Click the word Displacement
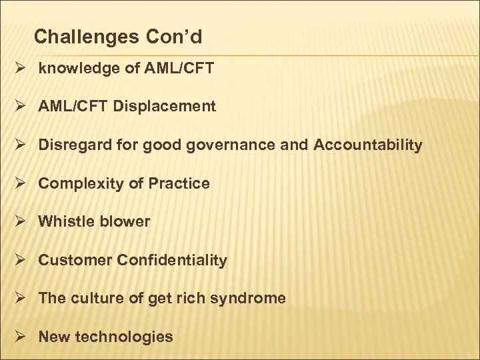tap(165, 106)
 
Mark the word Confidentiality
tap(172, 260)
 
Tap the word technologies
tap(125, 337)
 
